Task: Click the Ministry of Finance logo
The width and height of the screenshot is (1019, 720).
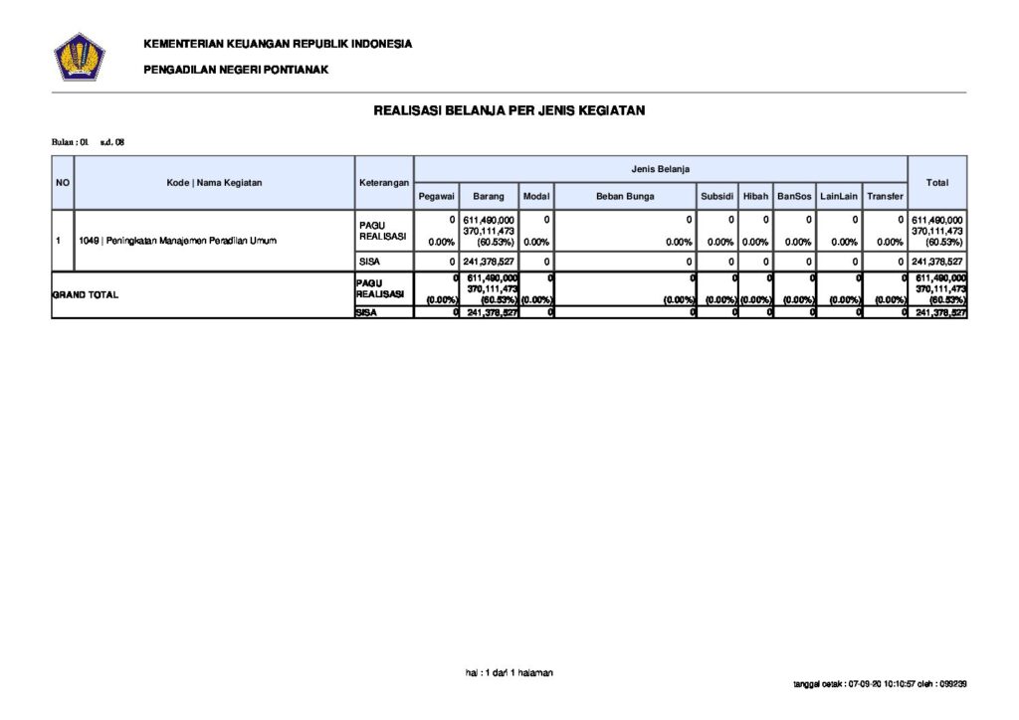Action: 79,56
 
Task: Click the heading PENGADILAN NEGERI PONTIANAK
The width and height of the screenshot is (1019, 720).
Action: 236,70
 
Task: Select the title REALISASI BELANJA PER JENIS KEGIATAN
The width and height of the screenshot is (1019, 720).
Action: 509,110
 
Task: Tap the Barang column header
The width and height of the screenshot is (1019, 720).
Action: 488,197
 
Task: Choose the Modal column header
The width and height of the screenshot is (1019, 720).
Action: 535,197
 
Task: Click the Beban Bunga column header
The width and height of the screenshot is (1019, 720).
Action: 625,197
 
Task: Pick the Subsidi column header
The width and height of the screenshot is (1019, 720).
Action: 716,197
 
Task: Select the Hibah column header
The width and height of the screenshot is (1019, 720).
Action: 755,197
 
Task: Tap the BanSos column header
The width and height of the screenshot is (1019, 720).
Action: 794,197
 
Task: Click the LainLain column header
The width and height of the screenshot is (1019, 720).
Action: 839,197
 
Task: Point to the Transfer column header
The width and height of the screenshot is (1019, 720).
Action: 885,197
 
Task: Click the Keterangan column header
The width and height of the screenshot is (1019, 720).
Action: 383,183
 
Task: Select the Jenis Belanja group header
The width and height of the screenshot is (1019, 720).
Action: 660,169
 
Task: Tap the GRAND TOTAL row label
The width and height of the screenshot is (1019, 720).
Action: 86,295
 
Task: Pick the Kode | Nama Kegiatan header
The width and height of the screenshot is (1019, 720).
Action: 214,183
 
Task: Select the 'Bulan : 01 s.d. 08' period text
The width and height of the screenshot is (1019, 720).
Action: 88,142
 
